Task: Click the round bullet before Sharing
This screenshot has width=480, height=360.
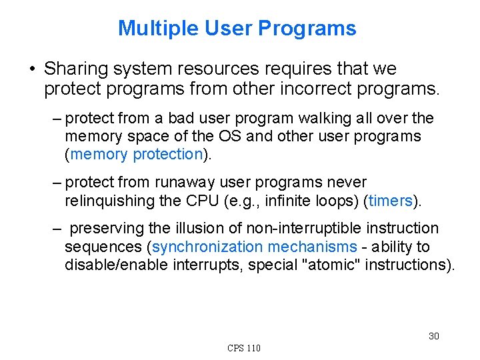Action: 31,69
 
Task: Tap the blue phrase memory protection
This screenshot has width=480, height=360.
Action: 136,154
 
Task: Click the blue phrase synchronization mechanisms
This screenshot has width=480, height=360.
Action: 255,247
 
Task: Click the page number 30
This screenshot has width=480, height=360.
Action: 433,336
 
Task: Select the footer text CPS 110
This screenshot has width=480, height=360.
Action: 244,348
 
